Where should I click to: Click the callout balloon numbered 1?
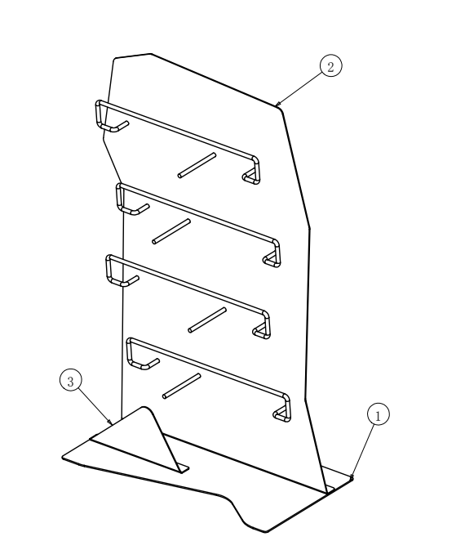pyautogui.click(x=379, y=414)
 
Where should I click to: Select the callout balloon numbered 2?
pyautogui.click(x=331, y=66)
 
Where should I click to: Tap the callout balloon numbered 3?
pyautogui.click(x=71, y=380)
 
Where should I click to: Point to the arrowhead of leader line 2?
pyautogui.click(x=277, y=104)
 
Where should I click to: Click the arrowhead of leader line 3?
pyautogui.click(x=110, y=422)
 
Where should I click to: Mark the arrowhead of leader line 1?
pyautogui.click(x=352, y=476)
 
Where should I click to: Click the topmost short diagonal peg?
pyautogui.click(x=197, y=165)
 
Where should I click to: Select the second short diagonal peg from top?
pyautogui.click(x=171, y=231)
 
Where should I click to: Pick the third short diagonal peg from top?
pyautogui.click(x=207, y=320)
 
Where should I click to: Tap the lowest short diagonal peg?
pyautogui.click(x=181, y=386)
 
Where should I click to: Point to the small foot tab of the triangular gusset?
pyautogui.click(x=184, y=469)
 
